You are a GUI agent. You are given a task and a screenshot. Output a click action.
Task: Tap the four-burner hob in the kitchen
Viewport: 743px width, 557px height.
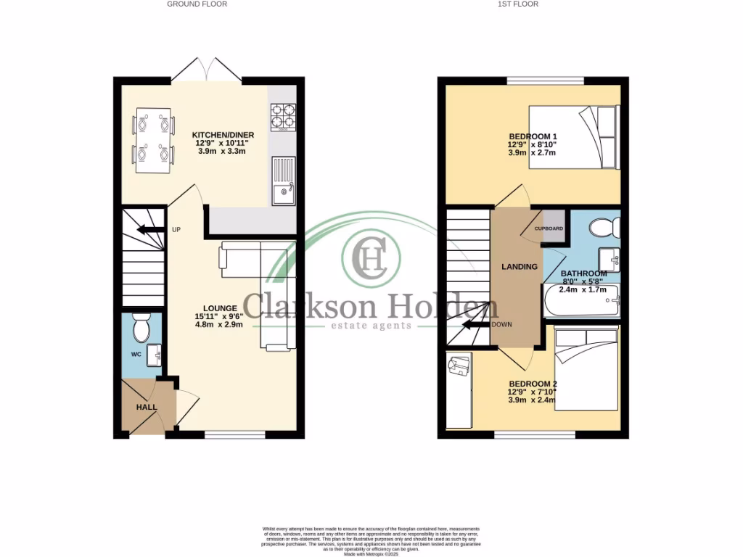[x=282, y=115]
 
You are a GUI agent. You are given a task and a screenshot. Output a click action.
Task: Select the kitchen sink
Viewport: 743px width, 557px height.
[x=282, y=181]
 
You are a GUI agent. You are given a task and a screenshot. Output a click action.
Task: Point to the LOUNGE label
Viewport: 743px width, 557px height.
[x=220, y=308]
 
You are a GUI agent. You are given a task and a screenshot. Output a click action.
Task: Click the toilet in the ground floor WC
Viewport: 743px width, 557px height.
[x=141, y=329]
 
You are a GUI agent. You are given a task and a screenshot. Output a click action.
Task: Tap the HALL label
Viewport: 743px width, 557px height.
[x=147, y=407]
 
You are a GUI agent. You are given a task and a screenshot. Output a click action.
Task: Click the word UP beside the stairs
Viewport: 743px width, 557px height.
[x=176, y=230]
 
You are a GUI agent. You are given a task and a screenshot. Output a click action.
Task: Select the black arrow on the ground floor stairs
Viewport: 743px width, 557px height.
[x=149, y=230]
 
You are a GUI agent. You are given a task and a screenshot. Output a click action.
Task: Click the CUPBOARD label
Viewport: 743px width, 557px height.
[x=549, y=228]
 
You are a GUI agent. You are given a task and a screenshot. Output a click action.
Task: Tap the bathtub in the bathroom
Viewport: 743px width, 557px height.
[x=580, y=300]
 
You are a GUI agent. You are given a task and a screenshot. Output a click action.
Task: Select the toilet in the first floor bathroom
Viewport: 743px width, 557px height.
[x=604, y=228]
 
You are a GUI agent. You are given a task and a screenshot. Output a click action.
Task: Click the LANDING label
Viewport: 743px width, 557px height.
[x=520, y=267]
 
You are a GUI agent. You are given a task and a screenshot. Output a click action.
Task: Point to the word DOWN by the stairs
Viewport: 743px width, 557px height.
[x=502, y=324]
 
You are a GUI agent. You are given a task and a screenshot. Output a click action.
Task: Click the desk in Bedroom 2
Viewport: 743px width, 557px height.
[x=459, y=392]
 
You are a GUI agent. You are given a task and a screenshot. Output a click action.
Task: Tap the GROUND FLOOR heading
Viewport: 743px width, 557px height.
[x=197, y=4]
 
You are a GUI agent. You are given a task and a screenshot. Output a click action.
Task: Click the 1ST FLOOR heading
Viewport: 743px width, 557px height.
[x=516, y=4]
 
